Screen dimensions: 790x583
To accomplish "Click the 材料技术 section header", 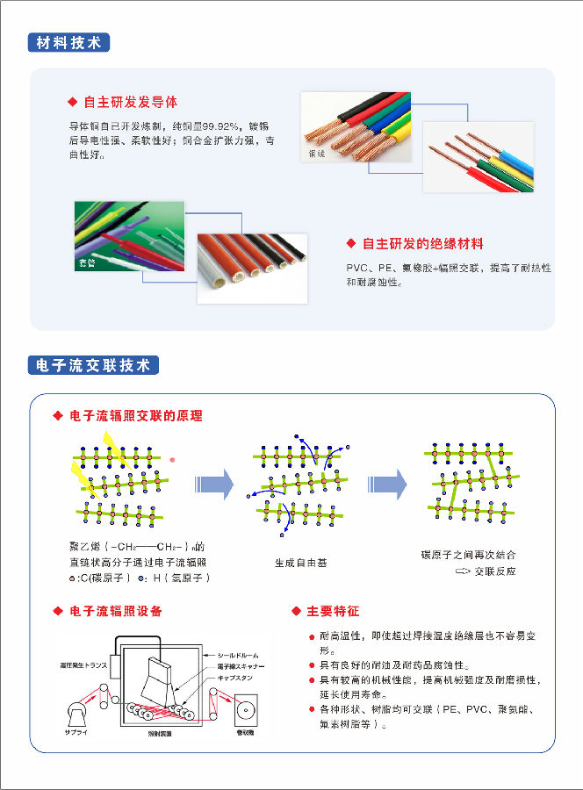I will (x=68, y=42).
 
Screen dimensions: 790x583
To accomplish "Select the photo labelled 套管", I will (x=129, y=234).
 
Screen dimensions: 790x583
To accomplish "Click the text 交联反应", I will (x=495, y=571).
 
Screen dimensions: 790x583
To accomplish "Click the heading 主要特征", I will (x=333, y=610).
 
